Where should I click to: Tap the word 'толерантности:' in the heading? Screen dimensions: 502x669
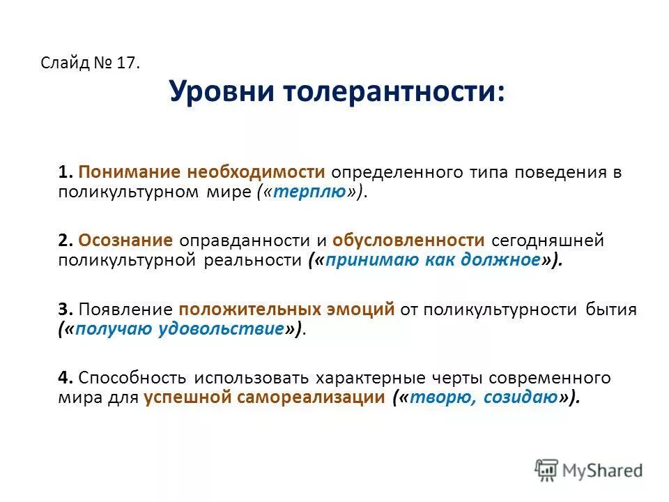click(390, 91)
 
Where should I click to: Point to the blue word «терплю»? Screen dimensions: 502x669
click(309, 192)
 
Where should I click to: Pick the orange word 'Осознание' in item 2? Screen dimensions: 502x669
click(126, 241)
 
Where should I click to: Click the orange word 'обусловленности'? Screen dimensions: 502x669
click(408, 241)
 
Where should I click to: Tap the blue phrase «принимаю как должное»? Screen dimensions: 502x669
click(433, 260)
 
